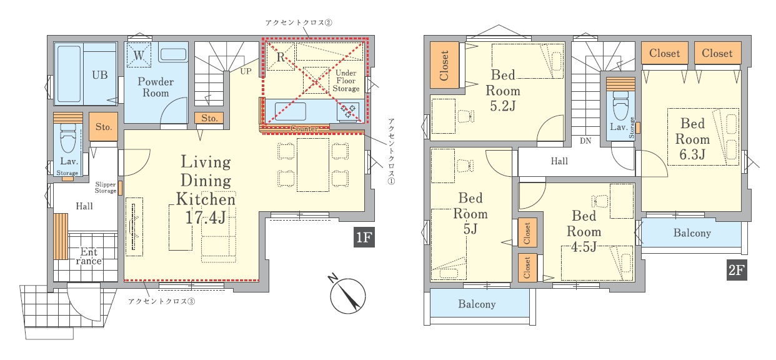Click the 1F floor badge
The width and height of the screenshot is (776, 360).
coord(364,237)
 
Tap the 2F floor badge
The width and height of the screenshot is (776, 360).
coord(737,270)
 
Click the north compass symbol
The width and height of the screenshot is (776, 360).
coord(347,294)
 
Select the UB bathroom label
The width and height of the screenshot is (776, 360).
coord(100,75)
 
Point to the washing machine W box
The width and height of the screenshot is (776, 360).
coord(139,55)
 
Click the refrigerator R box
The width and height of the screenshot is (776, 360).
coord(281,56)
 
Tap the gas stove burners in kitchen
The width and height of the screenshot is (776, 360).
coord(348,111)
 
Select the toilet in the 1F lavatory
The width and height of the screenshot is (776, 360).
coord(67,138)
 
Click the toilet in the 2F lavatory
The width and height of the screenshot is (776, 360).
coord(620,106)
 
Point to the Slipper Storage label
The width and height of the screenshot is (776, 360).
coord(106,187)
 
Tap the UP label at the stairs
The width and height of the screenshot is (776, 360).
coord(246,71)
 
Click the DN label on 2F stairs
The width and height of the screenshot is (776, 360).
coord(585,141)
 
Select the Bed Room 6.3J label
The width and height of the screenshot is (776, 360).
coord(692,139)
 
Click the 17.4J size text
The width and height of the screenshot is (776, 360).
coord(206,217)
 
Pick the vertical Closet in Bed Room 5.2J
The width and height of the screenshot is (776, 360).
coord(444,66)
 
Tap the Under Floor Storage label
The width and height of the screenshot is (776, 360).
coord(346,81)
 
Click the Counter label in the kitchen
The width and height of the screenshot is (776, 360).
coord(304,129)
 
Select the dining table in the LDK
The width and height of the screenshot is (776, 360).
coord(313,164)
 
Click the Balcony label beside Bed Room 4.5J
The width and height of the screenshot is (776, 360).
coord(692,233)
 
